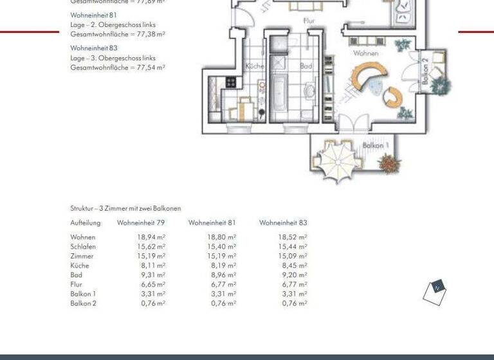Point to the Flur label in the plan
point(310,21)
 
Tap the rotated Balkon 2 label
point(425,67)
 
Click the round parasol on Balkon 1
point(336,158)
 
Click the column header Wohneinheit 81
point(212,223)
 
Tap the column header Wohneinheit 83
point(283,223)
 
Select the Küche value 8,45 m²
point(295,265)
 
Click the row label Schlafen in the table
point(84,246)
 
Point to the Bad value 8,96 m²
point(224,274)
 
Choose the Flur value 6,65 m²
point(153,283)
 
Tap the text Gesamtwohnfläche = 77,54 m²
point(118,67)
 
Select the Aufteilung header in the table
point(86,223)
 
